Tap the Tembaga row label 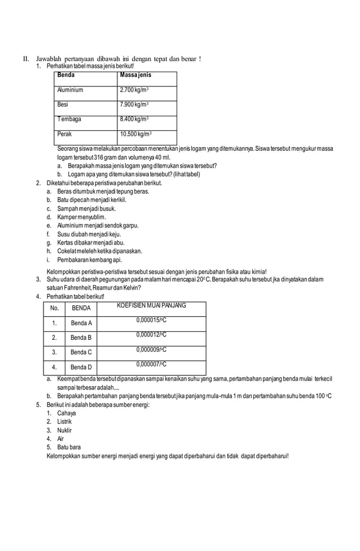pos(69,119)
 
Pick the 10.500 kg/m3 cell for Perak pos(135,134)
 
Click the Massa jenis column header pos(135,75)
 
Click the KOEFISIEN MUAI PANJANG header pos(151,305)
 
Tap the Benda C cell pos(81,352)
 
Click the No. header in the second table pos(54,308)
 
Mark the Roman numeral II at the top pos(25,59)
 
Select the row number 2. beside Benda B pos(54,338)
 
